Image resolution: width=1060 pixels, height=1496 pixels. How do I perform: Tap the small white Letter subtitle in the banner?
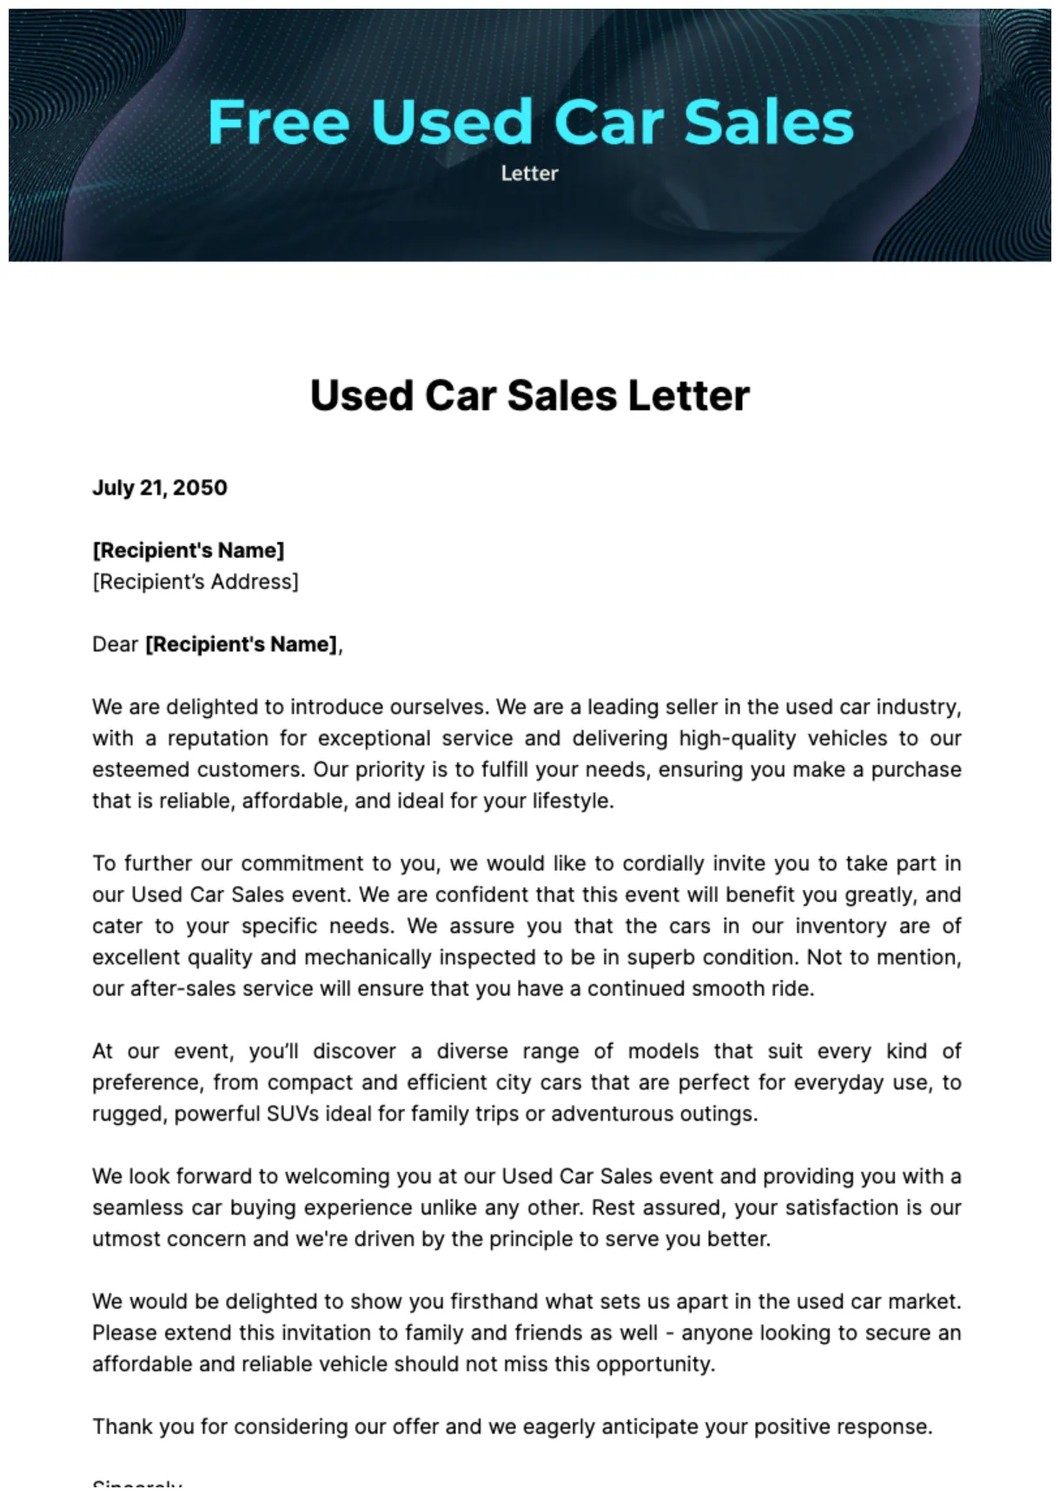point(529,173)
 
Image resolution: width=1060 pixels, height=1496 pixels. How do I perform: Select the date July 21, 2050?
point(160,488)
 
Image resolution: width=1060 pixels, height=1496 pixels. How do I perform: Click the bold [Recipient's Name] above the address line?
point(189,550)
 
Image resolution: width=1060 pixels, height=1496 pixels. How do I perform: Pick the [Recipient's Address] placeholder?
point(195,582)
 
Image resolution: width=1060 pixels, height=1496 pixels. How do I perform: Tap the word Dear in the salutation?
point(116,644)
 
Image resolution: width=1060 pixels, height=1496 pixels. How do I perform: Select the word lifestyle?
point(573,801)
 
